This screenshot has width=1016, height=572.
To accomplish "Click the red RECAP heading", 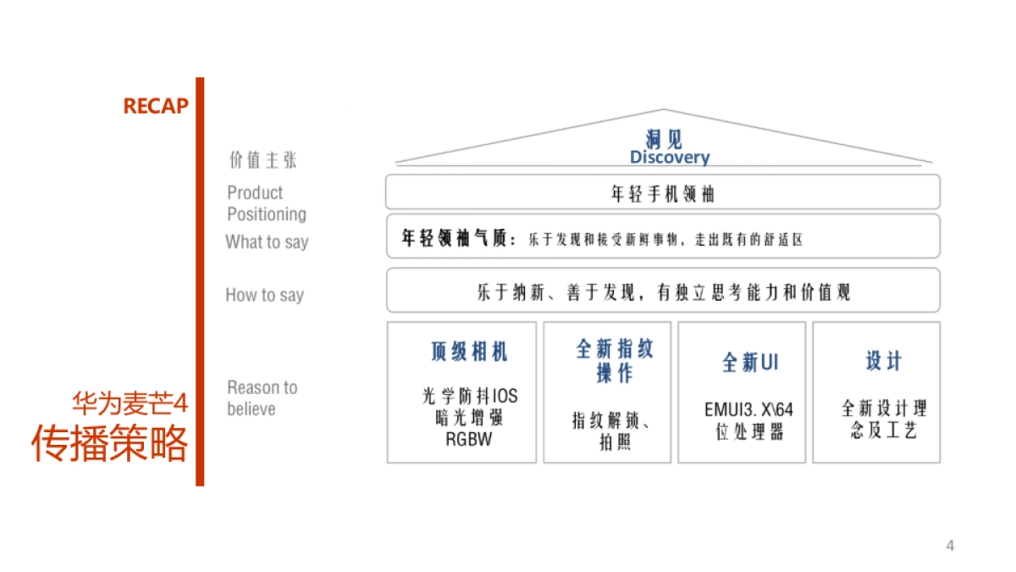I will point(156,106).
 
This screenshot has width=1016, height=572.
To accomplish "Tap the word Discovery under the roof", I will point(669,158).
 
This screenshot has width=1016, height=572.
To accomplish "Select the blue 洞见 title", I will point(663,139).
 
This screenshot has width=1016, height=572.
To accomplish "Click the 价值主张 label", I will point(263,160).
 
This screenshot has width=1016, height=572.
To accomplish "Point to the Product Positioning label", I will point(266,203).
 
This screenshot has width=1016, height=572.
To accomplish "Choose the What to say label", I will point(267,242).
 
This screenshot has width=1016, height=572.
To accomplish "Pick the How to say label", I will point(264,295).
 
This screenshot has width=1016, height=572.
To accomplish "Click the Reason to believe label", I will point(262,398).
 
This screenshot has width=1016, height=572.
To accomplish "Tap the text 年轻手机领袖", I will point(662,194).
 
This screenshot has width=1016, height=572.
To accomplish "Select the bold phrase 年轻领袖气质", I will point(458,239).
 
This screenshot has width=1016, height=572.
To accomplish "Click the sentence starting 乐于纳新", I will point(663,293).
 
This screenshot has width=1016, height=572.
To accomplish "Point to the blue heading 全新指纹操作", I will point(615,361).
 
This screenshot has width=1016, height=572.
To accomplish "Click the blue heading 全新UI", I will point(749,363).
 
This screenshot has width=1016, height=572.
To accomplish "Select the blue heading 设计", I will point(884,361).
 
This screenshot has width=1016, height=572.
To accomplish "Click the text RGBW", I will point(468,439).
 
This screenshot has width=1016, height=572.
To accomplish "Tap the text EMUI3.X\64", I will point(748,410).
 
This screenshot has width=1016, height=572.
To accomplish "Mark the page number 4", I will point(950,546).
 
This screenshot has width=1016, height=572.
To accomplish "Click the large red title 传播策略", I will point(110,443).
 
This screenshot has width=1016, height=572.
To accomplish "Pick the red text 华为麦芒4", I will point(129,402).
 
